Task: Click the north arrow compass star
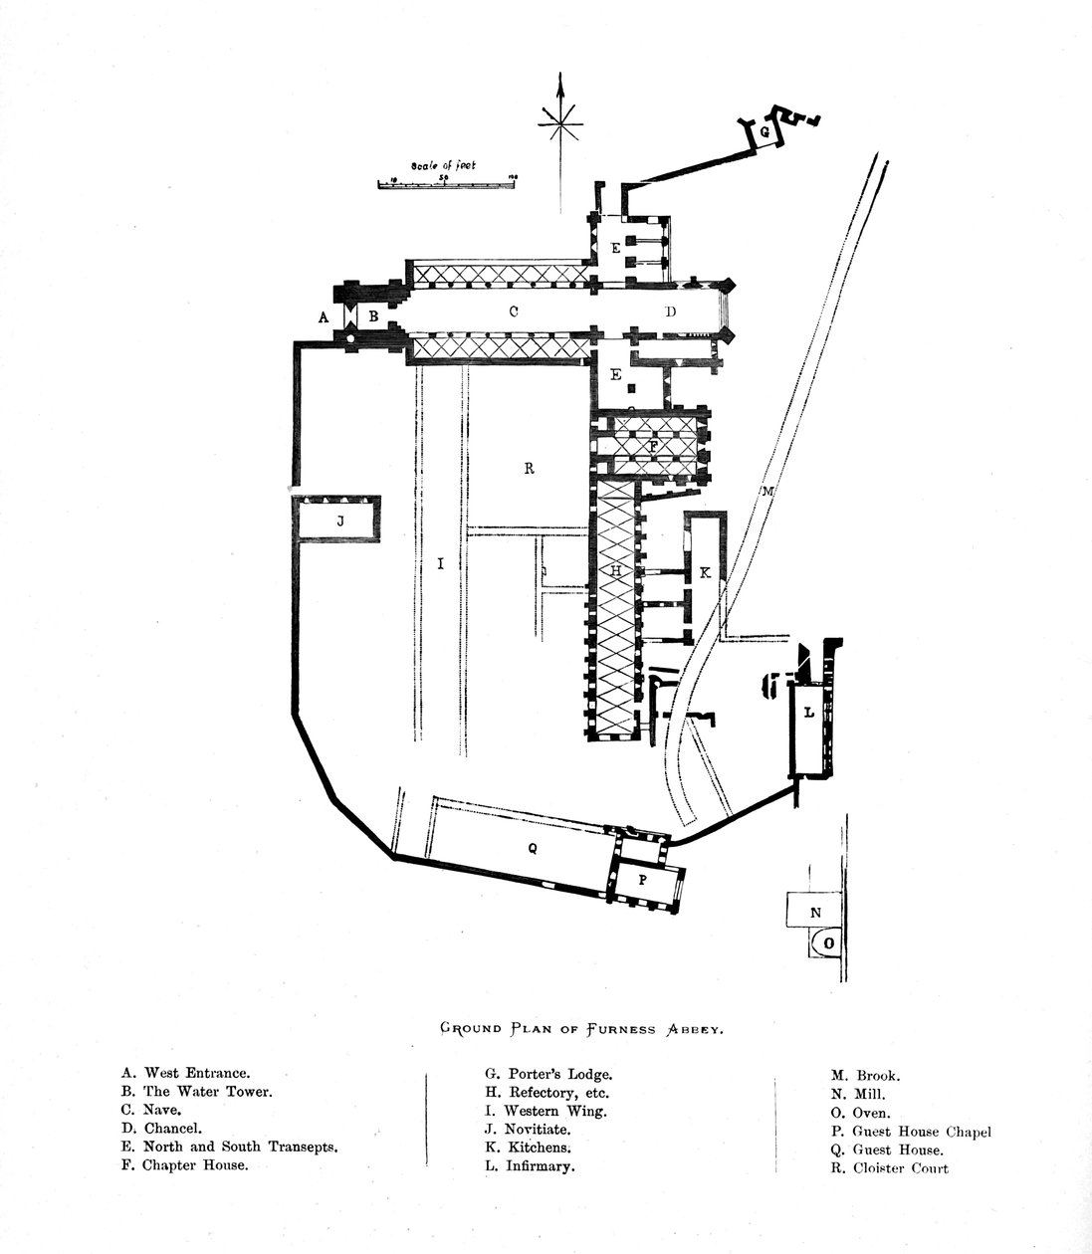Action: coord(560,125)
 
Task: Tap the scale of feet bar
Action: coord(448,183)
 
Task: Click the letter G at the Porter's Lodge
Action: coord(764,131)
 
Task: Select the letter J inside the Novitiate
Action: coord(339,521)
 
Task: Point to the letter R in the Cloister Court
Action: coord(529,469)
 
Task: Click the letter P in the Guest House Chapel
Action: coord(642,880)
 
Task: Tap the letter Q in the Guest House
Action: coord(533,848)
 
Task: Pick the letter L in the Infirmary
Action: coord(808,712)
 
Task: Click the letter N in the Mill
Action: coord(815,912)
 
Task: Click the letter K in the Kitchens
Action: coord(705,572)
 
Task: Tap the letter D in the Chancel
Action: coord(671,312)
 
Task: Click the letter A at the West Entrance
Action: coord(323,317)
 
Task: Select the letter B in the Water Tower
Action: coord(373,316)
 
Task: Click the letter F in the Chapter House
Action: coord(653,446)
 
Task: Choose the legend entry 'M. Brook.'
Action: coord(866,1076)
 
